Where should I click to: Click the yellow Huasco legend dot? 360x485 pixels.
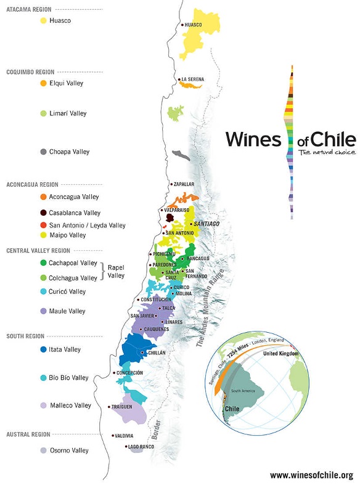43,20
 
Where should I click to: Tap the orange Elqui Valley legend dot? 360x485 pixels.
43,83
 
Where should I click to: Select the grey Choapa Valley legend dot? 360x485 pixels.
43,152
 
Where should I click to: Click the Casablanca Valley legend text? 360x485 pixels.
75,213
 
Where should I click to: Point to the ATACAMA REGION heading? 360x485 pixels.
28,10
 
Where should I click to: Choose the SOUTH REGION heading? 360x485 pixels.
25,336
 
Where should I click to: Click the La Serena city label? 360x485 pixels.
192,79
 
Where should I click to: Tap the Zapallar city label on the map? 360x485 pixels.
183,184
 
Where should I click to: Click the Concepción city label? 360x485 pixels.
129,373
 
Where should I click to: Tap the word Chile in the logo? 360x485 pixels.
333,139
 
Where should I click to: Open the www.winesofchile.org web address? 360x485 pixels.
311,475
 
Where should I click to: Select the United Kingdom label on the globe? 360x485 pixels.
280,354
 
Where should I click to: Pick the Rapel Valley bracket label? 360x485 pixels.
116,272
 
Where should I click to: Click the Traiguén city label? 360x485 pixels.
121,407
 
